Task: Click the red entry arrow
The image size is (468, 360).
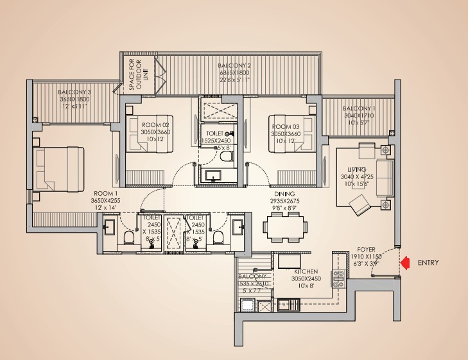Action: pos(404,262)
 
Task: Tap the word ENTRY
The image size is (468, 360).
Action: pos(428,263)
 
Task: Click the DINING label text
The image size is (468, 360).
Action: pos(283,193)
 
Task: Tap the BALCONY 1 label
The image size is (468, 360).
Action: pos(360,108)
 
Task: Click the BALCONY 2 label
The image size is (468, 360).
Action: pos(233,66)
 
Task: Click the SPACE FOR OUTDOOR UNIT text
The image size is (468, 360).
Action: pos(136,75)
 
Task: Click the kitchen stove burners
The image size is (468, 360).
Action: pos(338,278)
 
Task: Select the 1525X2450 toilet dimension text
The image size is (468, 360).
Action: pos(216,140)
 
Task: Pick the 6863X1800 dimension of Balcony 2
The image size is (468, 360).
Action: pos(233,73)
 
